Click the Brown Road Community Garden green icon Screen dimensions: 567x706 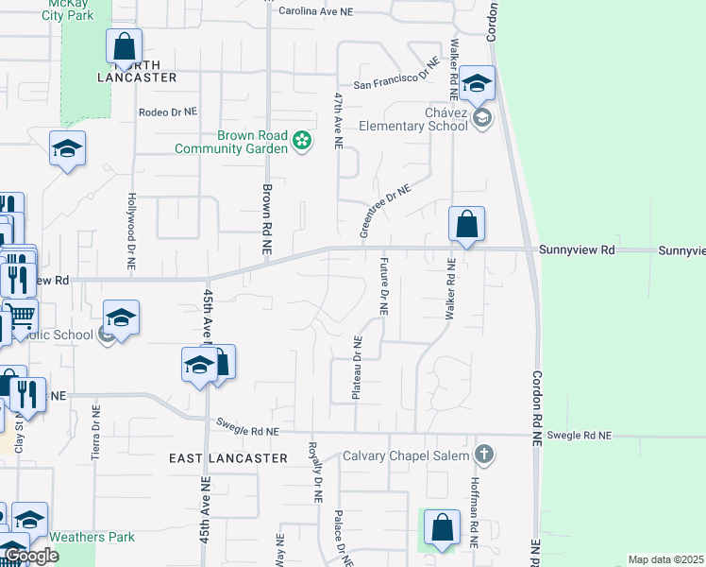[x=302, y=142]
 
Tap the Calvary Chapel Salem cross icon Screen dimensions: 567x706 [x=483, y=455]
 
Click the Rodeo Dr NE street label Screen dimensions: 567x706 [x=168, y=112]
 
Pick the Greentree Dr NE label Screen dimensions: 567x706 [x=385, y=211]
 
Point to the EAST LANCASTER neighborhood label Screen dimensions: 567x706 [x=227, y=457]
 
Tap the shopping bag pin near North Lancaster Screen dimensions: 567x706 [x=124, y=46]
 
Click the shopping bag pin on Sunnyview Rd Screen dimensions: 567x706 [x=466, y=225]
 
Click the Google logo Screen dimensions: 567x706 [x=30, y=556]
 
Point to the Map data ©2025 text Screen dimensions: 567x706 [x=665, y=559]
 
